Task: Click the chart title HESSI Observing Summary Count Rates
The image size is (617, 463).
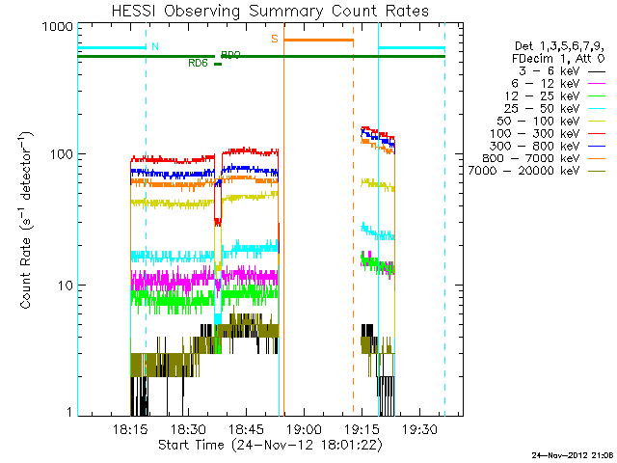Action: pyautogui.click(x=271, y=11)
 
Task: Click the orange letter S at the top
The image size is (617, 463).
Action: pyautogui.click(x=274, y=39)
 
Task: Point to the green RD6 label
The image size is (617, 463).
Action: pyautogui.click(x=199, y=64)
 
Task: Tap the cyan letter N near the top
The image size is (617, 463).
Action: pyautogui.click(x=155, y=46)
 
